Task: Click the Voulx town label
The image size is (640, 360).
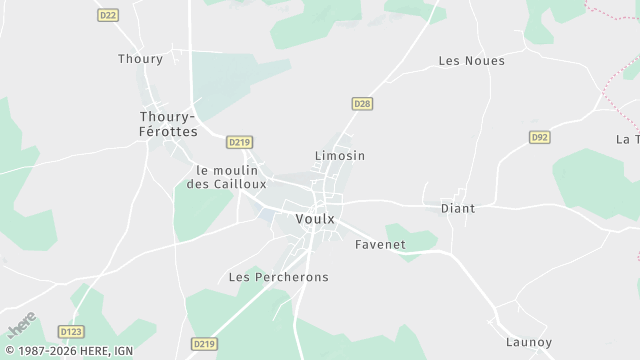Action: (315, 219)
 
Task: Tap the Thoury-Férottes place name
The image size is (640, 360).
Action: (168, 124)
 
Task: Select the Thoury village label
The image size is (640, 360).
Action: (140, 59)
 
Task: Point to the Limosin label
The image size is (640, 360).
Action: (340, 156)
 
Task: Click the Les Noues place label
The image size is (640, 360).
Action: (471, 61)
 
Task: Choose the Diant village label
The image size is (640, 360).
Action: (458, 209)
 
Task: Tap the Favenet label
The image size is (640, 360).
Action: (380, 244)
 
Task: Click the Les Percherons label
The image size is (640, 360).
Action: (279, 277)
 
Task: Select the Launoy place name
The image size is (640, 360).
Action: (529, 342)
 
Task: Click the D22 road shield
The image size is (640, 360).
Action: (108, 15)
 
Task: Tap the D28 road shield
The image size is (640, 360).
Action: (362, 103)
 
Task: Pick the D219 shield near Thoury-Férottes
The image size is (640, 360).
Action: (238, 142)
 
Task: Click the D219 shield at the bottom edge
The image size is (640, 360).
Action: (204, 344)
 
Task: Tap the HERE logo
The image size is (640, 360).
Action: (21, 326)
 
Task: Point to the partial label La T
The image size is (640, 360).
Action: (628, 139)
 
